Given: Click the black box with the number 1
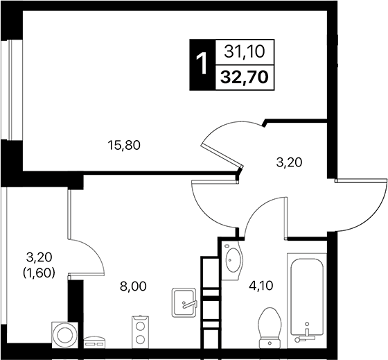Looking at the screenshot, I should point(202,64).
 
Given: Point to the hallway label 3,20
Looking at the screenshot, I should point(289,164).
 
